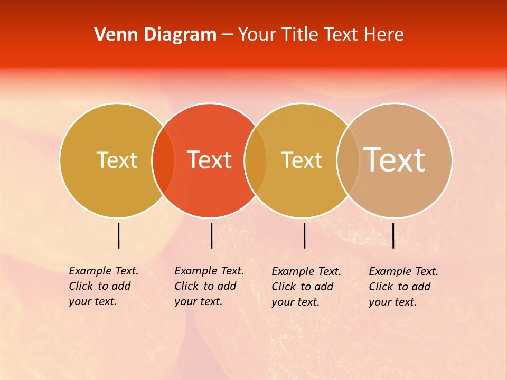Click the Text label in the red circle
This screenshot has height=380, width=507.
coord(210,160)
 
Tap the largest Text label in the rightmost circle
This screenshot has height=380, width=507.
coord(395,159)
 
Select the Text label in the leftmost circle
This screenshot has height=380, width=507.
coord(117,160)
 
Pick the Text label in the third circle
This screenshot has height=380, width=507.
coord(302,160)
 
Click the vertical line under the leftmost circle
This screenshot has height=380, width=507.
coord(118,235)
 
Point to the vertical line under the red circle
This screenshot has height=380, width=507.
coord(211,235)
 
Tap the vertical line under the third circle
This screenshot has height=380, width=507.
coord(304,235)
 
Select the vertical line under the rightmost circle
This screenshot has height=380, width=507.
coord(393,235)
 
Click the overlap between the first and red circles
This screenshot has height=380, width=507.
coord(163,160)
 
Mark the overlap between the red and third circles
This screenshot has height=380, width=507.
coord(256,160)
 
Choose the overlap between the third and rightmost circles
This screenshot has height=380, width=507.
coord(348,160)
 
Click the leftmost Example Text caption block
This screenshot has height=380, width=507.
coord(103,286)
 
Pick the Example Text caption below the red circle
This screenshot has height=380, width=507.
coord(209,286)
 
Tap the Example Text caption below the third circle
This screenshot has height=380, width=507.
coord(306,287)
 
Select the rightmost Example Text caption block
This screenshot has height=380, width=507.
coord(403,287)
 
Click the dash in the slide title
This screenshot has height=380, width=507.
coord(227,35)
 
